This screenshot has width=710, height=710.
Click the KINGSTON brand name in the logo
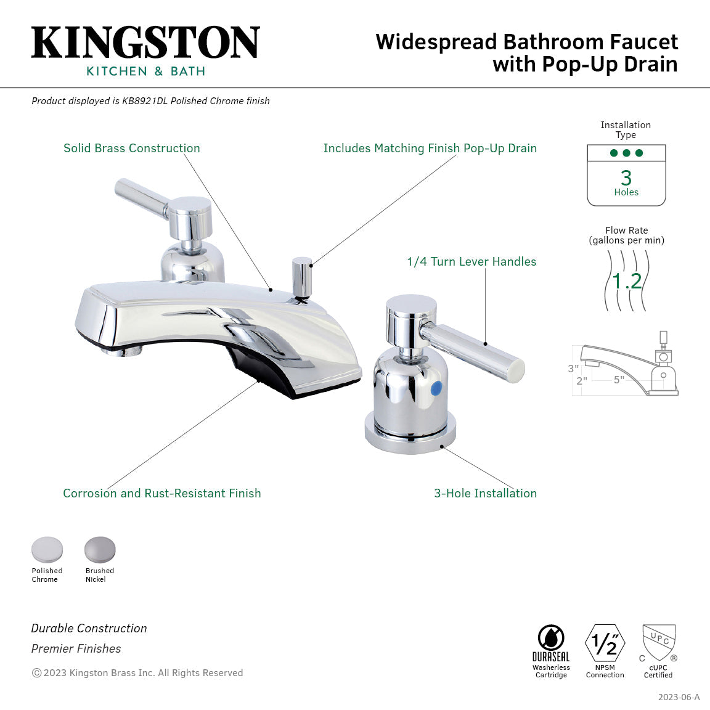[145, 43]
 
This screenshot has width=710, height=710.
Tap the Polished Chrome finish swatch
[47, 550]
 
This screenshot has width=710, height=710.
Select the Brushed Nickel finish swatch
[100, 549]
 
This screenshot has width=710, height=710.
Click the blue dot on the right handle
[436, 388]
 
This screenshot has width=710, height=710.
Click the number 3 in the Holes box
[626, 178]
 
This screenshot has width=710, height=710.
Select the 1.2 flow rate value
[627, 281]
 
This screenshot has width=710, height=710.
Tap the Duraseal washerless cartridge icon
[551, 639]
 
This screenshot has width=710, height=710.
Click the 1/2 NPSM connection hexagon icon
[605, 643]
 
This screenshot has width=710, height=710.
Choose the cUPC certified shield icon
[658, 642]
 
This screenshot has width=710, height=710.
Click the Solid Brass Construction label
[132, 148]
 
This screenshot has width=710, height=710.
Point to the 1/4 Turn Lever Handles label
[471, 261]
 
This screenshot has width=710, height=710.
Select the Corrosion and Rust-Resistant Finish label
[161, 493]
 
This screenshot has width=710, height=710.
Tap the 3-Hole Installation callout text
[485, 493]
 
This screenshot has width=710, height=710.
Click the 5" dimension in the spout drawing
[618, 380]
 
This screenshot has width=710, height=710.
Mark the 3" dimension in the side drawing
[573, 369]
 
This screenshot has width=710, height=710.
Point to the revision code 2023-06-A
[678, 697]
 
